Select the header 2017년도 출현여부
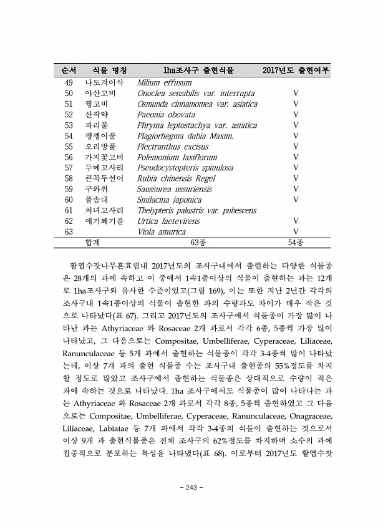click(296, 70)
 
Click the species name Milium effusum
click(164, 83)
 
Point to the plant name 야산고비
click(104, 94)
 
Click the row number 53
click(69, 125)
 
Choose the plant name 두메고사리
click(104, 168)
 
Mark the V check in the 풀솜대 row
click(296, 200)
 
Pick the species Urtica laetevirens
click(173, 221)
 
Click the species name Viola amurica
click(163, 231)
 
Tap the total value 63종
click(198, 243)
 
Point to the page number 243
click(192, 488)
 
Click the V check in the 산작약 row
click(296, 115)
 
